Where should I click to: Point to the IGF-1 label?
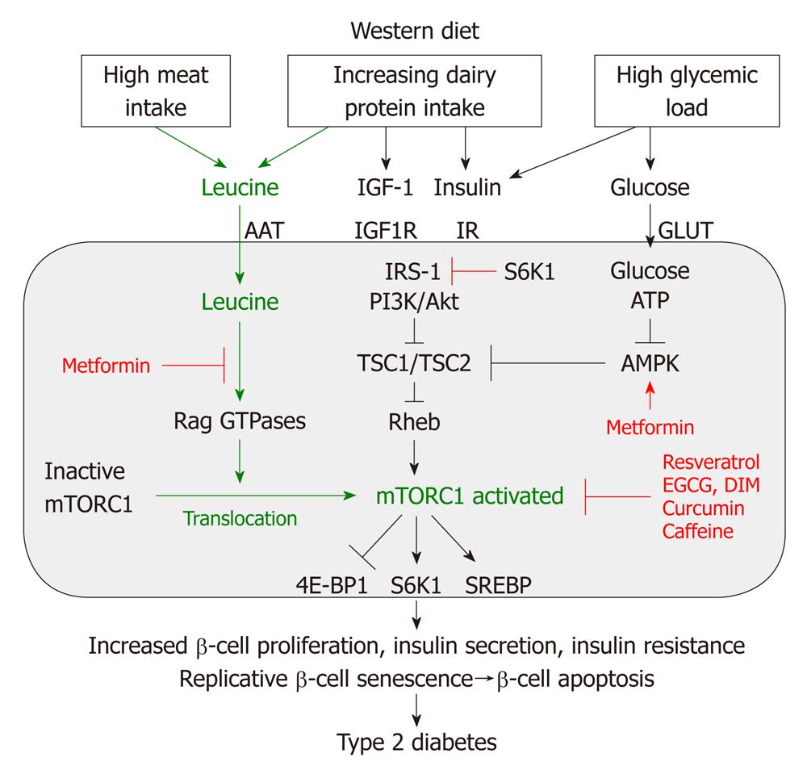384,188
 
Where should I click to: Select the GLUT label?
686,229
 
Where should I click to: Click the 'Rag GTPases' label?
238,422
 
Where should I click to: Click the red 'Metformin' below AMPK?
651,425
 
